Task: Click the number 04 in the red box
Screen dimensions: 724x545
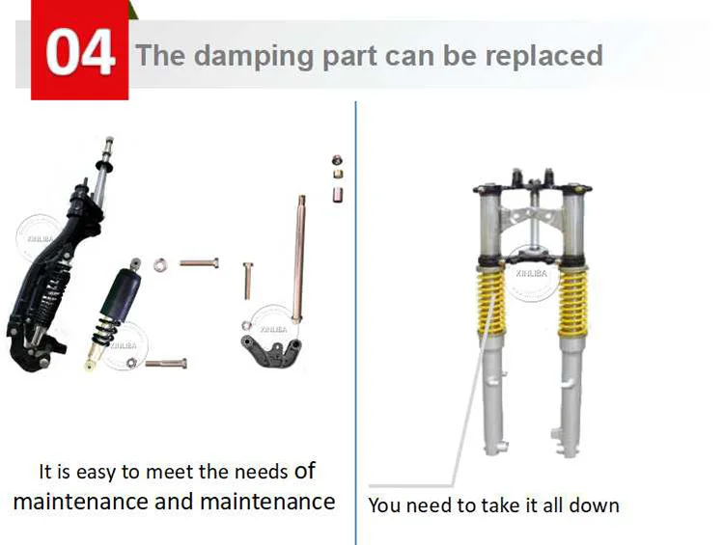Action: point(79,52)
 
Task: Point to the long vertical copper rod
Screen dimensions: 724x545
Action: point(298,259)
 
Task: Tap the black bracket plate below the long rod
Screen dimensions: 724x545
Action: point(270,352)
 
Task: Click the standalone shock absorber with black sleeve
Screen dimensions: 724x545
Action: point(116,313)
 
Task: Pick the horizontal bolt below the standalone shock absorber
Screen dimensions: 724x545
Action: point(166,364)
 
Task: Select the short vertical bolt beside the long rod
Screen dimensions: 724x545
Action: point(247,280)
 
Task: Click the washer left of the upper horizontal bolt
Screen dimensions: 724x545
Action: point(159,265)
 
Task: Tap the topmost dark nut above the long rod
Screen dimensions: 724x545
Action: point(337,160)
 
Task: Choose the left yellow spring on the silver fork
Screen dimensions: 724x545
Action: point(490,304)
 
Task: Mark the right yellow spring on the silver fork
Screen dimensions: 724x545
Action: point(573,304)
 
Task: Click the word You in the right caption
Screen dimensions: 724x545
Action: point(385,505)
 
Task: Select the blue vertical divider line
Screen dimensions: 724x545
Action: point(355,323)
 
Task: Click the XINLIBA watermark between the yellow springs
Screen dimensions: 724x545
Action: point(532,274)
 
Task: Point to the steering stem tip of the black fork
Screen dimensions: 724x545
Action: point(109,140)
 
